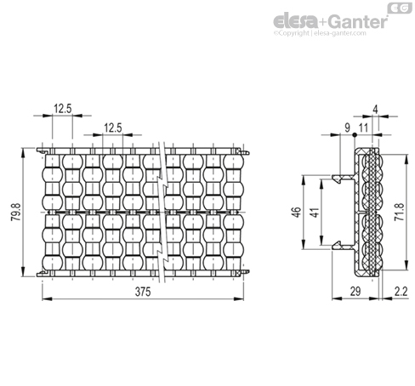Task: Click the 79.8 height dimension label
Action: tap(16, 212)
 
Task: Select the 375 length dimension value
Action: tap(143, 292)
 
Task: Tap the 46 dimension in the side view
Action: tap(296, 212)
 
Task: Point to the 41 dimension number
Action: tap(315, 212)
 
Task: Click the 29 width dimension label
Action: tap(355, 292)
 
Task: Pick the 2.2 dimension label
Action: tap(401, 292)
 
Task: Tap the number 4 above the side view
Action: tap(375, 110)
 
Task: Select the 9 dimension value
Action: tap(348, 128)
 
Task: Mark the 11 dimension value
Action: tap(363, 128)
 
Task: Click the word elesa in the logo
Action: tap(295, 21)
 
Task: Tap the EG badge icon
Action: tap(400, 9)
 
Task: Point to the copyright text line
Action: tap(320, 33)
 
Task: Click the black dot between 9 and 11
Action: tap(355, 135)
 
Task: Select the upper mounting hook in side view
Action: tap(344, 178)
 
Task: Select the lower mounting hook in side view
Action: tap(344, 246)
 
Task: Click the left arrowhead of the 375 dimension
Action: tap(47, 298)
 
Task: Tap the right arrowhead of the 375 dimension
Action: tap(239, 298)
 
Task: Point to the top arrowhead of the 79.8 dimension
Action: tap(23, 153)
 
